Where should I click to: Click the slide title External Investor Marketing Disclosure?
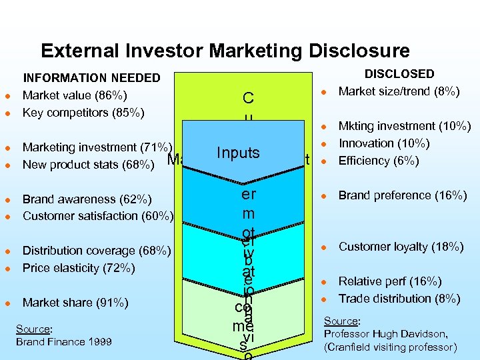point(225,51)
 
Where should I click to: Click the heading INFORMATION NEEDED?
point(92,79)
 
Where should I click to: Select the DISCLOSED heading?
point(399,74)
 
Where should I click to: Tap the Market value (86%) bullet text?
point(75,95)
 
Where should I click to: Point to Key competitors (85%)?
point(83,112)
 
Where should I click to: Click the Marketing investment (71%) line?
point(97,147)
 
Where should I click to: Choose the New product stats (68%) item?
point(89,164)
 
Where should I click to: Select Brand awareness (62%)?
point(87,199)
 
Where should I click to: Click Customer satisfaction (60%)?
point(98,216)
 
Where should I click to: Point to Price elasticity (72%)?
point(79,268)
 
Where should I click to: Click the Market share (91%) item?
point(75,303)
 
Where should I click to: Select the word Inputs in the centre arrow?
point(238,153)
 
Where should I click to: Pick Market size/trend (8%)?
point(399,91)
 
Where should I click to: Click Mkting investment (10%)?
point(405,126)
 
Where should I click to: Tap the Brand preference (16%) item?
point(403,195)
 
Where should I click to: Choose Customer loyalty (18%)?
point(401,247)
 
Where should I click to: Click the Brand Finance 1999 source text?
point(64,341)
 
